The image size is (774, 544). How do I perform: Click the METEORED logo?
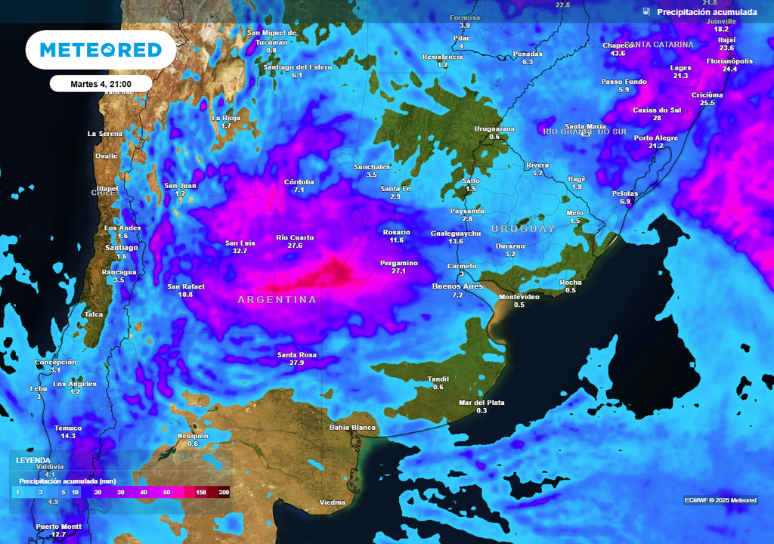pyautogui.click(x=101, y=50)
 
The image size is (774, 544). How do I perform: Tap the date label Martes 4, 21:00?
pyautogui.click(x=101, y=84)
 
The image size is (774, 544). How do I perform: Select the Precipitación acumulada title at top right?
pyautogui.click(x=706, y=11)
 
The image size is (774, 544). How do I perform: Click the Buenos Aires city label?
pyautogui.click(x=457, y=286)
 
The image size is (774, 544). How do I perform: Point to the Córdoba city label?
pyautogui.click(x=299, y=182)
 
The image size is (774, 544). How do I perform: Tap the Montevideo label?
pyautogui.click(x=519, y=297)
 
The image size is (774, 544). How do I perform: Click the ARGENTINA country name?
pyautogui.click(x=277, y=300)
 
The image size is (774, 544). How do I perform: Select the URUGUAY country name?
pyautogui.click(x=522, y=228)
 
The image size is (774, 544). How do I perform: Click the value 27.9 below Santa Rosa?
pyautogui.click(x=296, y=363)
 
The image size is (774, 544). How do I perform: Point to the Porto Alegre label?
pyautogui.click(x=655, y=138)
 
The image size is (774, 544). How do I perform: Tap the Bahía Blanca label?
pyautogui.click(x=352, y=428)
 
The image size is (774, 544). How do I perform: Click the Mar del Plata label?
pyautogui.click(x=481, y=402)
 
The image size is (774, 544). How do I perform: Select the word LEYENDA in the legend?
pyautogui.click(x=33, y=460)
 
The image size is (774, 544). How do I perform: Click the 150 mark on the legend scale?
pyautogui.click(x=201, y=493)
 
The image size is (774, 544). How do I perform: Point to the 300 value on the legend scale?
pyautogui.click(x=223, y=493)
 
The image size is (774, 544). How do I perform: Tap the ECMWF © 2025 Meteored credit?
pyautogui.click(x=720, y=500)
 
